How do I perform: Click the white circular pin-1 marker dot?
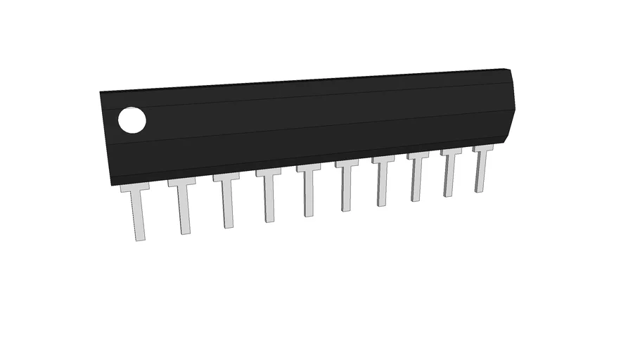(x=132, y=120)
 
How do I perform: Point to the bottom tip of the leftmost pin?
(x=141, y=239)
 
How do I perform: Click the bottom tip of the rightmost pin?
(x=480, y=191)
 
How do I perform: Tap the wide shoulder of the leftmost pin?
(x=135, y=188)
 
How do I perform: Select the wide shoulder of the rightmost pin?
(x=482, y=148)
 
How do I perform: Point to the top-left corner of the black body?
(x=100, y=92)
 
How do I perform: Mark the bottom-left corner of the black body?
(x=110, y=185)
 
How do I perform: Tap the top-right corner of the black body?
(x=507, y=69)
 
